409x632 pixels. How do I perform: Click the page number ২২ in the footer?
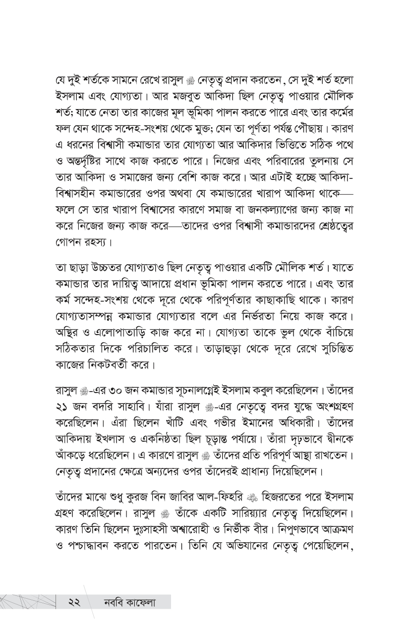75,602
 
